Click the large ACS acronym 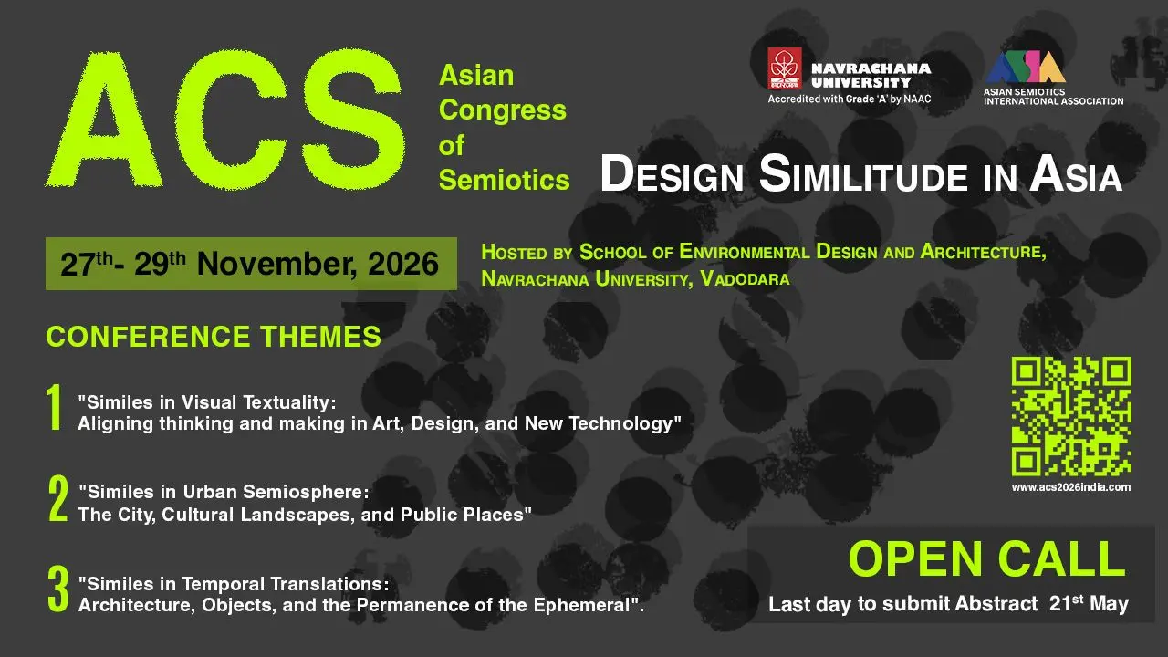(225, 120)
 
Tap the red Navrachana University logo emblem (784, 68)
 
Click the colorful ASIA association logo (1025, 67)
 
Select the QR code (1071, 416)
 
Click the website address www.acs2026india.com (1071, 487)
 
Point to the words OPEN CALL (986, 559)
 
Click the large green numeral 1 (54, 407)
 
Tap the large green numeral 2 (57, 498)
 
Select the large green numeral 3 (57, 589)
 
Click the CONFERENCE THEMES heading (214, 337)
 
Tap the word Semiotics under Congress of (505, 181)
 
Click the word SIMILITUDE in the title (863, 174)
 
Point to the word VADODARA (745, 279)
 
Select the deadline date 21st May (1089, 604)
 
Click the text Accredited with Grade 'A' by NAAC (850, 99)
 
